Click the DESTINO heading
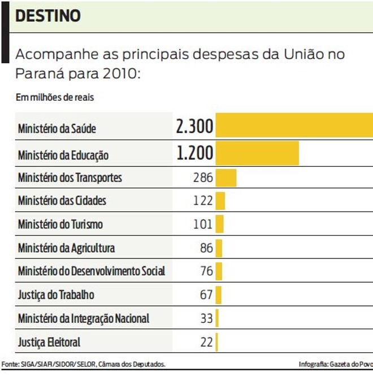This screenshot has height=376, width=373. [x=49, y=16]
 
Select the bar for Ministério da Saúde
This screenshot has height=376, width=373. [x=294, y=125]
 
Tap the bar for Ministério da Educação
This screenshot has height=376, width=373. [x=257, y=153]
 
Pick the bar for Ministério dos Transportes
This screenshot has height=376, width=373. [x=226, y=178]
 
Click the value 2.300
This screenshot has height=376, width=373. [x=194, y=127]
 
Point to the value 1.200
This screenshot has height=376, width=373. [x=194, y=153]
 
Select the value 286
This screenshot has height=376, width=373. [x=202, y=178]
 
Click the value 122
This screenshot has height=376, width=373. [x=202, y=201]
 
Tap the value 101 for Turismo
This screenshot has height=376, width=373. [x=202, y=224]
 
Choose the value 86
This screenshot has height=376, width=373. [x=206, y=248]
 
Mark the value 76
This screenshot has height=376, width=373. [x=206, y=271]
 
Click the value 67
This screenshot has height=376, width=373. [x=206, y=295]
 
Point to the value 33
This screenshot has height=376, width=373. [x=206, y=318]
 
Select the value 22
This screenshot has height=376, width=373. [x=206, y=342]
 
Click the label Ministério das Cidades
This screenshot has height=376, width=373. [x=62, y=201]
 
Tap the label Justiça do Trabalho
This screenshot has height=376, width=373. [x=56, y=295]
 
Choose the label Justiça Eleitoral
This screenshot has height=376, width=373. [x=49, y=342]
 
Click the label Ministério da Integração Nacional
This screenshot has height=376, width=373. [x=83, y=318]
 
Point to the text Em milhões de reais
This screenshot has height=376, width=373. [x=55, y=97]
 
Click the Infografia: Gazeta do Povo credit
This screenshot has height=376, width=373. [x=335, y=364]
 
